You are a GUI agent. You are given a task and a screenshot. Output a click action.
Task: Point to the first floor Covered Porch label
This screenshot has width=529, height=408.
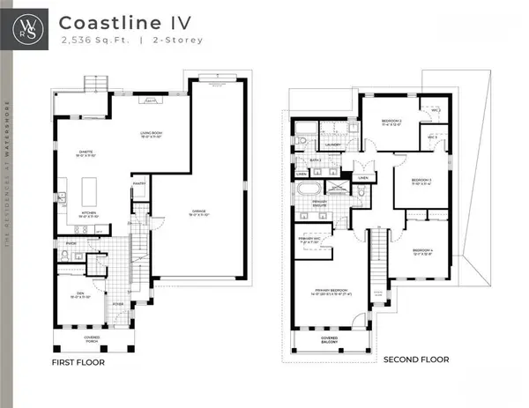pyautogui.click(x=92, y=340)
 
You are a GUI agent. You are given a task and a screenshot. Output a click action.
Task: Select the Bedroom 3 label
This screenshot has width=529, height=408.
pyautogui.click(x=421, y=181)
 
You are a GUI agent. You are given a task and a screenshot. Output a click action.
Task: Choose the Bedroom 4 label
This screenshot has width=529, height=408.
pyautogui.click(x=422, y=252)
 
